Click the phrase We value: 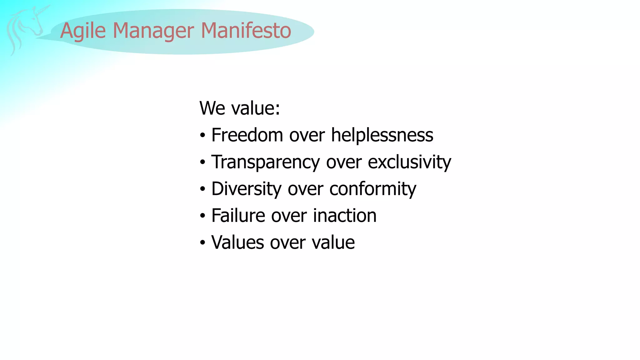(240, 108)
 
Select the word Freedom (247, 135)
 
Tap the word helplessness (382, 135)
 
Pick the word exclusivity (409, 162)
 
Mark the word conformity (372, 189)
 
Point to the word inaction (345, 216)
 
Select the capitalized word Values (237, 242)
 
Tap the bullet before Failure (203, 216)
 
